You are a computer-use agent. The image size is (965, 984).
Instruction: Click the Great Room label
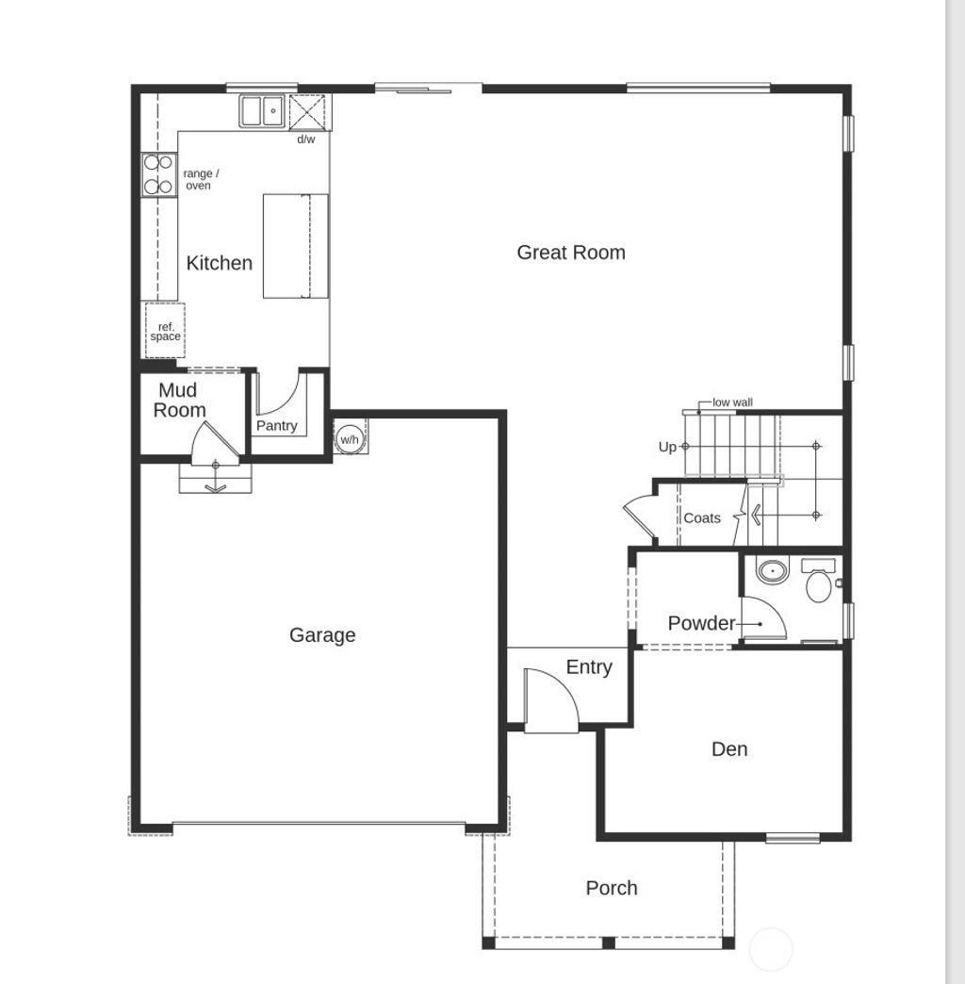571,253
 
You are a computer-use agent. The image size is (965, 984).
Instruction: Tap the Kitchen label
220,263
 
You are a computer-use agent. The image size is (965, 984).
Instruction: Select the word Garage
322,635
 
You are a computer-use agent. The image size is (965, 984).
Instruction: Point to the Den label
729,749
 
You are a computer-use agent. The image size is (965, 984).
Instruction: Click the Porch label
612,888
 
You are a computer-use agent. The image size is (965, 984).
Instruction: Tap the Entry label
589,667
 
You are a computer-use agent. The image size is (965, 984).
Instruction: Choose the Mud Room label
179,401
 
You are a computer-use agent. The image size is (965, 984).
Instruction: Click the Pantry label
277,426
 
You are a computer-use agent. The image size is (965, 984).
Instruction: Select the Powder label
701,623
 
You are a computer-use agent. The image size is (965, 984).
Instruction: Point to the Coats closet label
702,517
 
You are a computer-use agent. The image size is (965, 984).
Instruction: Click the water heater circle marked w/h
350,439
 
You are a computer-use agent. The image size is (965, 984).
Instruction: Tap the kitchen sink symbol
263,111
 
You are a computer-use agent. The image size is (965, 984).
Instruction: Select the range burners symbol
157,174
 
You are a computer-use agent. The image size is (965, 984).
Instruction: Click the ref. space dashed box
165,331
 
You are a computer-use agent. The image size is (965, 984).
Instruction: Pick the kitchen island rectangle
295,246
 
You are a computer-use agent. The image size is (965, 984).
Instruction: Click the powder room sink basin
772,570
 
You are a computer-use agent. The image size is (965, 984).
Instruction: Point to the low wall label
732,402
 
